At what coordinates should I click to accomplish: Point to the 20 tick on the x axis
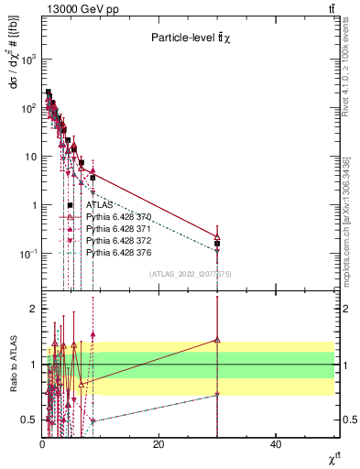point(158,444)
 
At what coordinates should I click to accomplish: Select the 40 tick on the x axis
point(276,444)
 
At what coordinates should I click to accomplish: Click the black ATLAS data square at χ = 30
point(217,244)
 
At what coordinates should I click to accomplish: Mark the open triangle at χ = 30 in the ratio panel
point(217,340)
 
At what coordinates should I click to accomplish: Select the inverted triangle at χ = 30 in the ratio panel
point(217,395)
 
